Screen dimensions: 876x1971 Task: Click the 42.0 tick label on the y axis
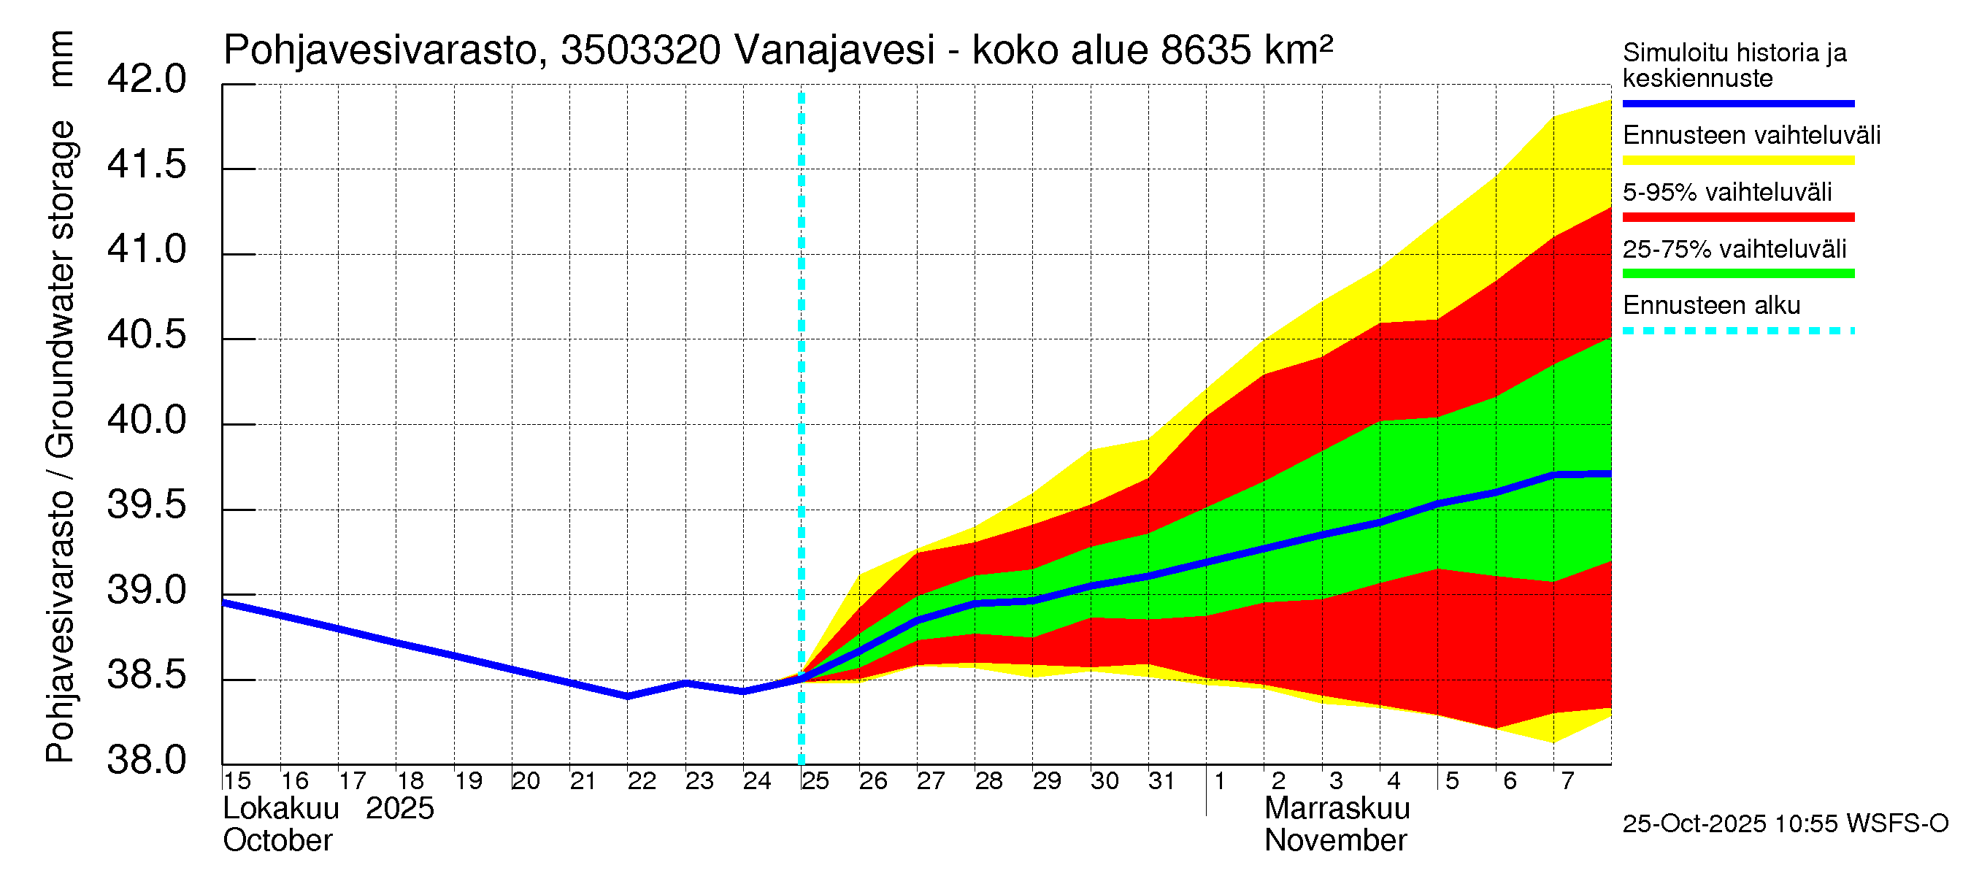click(x=146, y=80)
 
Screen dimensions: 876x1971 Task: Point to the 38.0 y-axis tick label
click(x=146, y=761)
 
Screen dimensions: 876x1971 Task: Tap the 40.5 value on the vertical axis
click(x=146, y=335)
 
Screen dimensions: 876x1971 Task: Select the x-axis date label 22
click(x=642, y=781)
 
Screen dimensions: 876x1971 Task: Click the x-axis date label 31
click(x=1161, y=781)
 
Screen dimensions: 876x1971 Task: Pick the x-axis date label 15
click(x=237, y=781)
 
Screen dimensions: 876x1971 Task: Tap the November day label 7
click(x=1568, y=781)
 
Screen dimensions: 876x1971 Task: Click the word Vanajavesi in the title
click(x=834, y=50)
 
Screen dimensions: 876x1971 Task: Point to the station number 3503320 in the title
click(x=640, y=50)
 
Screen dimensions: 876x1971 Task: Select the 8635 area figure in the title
click(x=1206, y=50)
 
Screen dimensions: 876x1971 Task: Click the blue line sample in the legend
click(x=1737, y=103)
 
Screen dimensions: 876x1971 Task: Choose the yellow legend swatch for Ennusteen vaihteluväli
click(x=1737, y=161)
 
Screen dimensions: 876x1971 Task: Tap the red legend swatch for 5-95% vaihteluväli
click(x=1737, y=218)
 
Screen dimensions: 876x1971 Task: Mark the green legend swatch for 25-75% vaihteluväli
click(x=1737, y=274)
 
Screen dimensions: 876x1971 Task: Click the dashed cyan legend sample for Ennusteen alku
click(x=1737, y=331)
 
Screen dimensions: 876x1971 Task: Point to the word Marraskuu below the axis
click(x=1337, y=809)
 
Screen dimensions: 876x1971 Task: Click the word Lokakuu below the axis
click(x=281, y=809)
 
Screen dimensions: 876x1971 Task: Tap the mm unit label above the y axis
click(x=61, y=58)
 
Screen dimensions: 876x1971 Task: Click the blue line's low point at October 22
click(x=627, y=696)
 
